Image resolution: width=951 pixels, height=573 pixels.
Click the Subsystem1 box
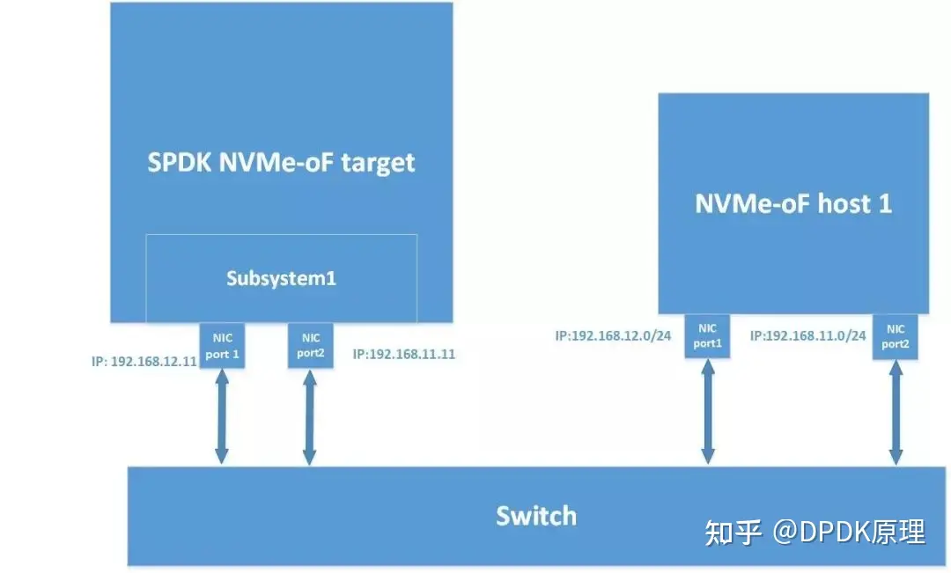[x=281, y=279]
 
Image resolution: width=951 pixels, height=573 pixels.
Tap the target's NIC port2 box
[x=310, y=345]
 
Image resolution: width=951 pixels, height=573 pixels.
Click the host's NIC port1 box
[x=707, y=336]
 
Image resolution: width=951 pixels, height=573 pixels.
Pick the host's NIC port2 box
[x=895, y=337]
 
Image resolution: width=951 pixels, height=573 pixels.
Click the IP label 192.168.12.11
[x=144, y=361]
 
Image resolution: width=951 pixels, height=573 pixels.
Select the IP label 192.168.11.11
[x=403, y=355]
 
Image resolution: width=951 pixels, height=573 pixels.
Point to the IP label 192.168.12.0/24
[x=615, y=335]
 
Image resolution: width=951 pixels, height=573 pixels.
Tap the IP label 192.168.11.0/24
[x=808, y=335]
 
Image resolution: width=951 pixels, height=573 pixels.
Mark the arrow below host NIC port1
[x=707, y=410]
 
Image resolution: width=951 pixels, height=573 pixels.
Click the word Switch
[x=535, y=515]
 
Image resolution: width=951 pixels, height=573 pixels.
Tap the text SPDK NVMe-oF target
[x=281, y=162]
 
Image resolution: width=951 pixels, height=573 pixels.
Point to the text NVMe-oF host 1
[x=793, y=203]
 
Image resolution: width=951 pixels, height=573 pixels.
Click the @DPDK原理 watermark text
[x=849, y=532]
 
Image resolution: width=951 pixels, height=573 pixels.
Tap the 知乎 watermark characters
[x=733, y=532]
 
